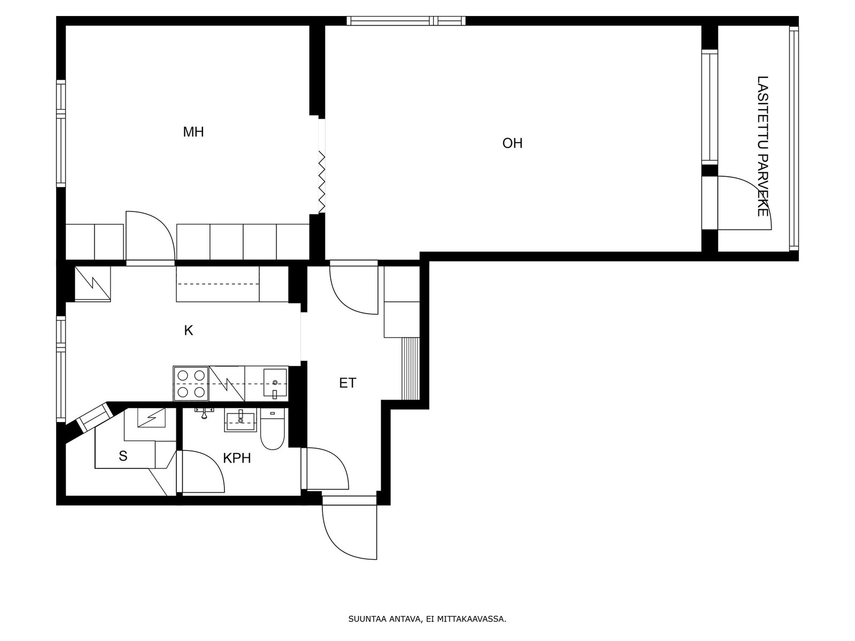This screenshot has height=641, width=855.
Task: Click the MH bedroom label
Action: (x=193, y=132)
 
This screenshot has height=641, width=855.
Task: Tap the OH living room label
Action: (x=512, y=143)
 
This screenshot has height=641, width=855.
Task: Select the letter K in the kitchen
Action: (x=189, y=331)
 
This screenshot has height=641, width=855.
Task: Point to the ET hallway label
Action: (x=347, y=383)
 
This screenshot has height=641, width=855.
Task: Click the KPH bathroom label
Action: (x=237, y=458)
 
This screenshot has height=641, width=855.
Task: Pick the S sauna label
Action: (x=123, y=456)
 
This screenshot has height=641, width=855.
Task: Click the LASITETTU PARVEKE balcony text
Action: (x=763, y=146)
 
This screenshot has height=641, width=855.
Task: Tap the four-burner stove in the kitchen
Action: (x=191, y=384)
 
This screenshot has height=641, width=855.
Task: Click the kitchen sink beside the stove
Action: (x=275, y=383)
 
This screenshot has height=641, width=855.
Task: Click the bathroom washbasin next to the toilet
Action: (x=240, y=420)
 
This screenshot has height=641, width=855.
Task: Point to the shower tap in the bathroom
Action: (x=204, y=413)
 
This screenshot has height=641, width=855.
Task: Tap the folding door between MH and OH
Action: (x=322, y=182)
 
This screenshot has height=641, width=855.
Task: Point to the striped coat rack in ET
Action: (x=410, y=369)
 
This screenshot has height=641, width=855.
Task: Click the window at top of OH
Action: (x=406, y=21)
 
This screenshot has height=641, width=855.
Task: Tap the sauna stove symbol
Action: (x=151, y=417)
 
